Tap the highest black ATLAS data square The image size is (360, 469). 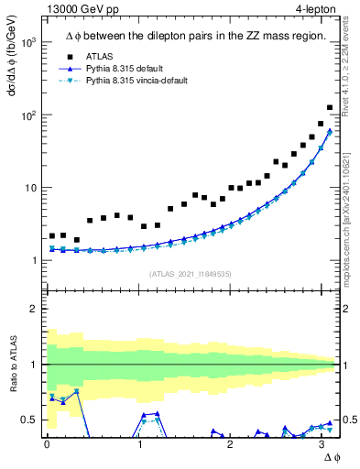pos(330,107)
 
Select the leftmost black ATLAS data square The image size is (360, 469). pos(53,236)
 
